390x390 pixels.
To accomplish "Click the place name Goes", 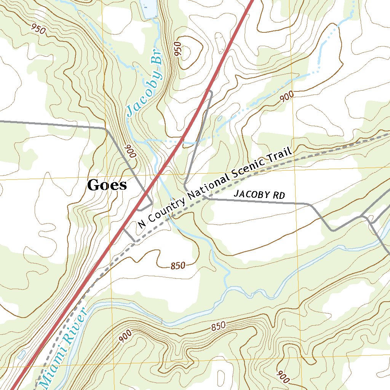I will (107, 185).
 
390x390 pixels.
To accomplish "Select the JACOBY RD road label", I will (259, 194).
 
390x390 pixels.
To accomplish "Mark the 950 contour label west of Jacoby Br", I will (39, 29).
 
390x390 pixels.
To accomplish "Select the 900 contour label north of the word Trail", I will (286, 98).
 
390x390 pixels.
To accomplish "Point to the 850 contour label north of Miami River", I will (178, 266).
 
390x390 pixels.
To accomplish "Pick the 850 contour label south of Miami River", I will (218, 326).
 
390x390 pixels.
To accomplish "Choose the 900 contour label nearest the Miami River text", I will (125, 336).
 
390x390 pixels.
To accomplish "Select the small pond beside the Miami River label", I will (22, 354).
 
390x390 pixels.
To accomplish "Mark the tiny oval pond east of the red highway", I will (220, 118).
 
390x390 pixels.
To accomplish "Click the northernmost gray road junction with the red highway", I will (209, 91).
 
